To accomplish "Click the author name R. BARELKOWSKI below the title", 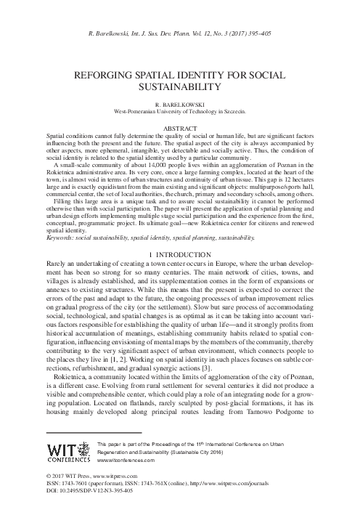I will click(x=180, y=105).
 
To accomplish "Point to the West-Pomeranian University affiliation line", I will click(x=180, y=112).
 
